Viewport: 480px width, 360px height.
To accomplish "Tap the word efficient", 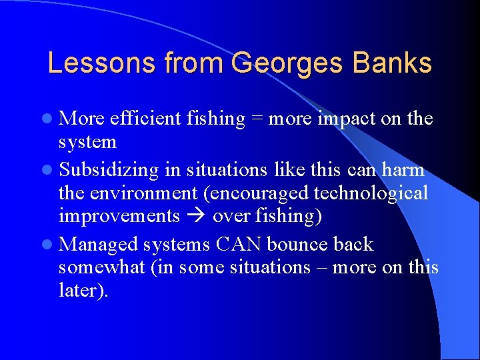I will pos(141,119).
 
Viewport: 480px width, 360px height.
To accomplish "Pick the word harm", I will pos(404,170).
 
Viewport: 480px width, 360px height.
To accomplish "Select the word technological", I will pos(371,193).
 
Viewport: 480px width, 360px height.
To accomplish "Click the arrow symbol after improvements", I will pos(197,217).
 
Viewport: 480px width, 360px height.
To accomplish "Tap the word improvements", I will pos(119,217).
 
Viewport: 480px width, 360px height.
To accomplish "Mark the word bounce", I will pos(298,244).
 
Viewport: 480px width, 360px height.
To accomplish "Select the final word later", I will pos(83,291).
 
